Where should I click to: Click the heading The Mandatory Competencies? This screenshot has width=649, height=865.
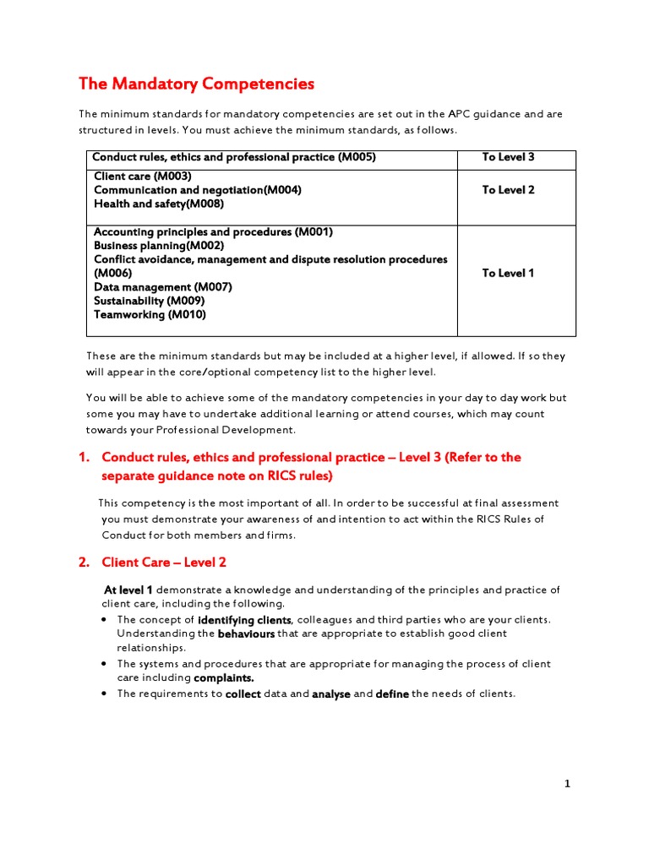[196, 84]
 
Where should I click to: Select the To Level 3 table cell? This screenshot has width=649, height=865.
[508, 157]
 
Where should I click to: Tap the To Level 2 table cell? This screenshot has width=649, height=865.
[508, 190]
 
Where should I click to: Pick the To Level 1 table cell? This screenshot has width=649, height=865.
[508, 273]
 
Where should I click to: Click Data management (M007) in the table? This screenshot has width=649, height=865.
[162, 287]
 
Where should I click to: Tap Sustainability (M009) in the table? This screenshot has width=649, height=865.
[149, 301]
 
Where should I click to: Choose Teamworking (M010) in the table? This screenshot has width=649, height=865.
[150, 314]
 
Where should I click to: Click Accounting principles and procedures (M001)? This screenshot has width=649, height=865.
[213, 232]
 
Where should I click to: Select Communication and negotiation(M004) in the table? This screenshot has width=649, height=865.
[197, 190]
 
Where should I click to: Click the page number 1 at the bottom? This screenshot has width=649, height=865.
[568, 784]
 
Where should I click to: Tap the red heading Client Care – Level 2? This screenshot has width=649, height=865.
[164, 563]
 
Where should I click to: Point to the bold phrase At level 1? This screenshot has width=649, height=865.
[128, 590]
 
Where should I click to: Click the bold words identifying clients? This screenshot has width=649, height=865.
[245, 619]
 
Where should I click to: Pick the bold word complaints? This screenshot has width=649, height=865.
[224, 677]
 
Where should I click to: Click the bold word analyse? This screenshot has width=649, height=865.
[331, 694]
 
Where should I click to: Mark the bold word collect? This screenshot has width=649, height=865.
[243, 694]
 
